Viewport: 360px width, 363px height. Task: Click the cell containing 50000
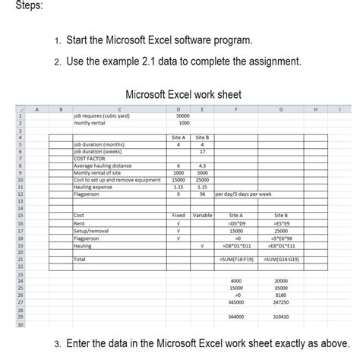182,115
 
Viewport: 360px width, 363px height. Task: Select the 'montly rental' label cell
90,122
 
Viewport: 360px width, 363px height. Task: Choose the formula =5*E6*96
281,238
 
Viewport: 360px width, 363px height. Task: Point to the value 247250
281,302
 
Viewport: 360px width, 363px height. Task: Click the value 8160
281,295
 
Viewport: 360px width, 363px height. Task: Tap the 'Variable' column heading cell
203,216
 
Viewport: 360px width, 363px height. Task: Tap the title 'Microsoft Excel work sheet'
182,95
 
